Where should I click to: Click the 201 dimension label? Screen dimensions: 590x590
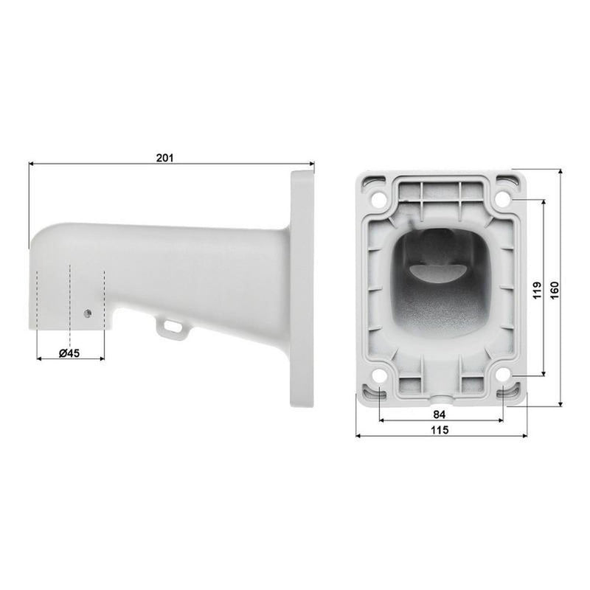coord(164,158)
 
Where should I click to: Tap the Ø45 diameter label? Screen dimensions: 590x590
coord(69,353)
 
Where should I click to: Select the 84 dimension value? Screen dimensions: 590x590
coord(439,414)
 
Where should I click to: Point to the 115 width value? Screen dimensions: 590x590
coord(440,430)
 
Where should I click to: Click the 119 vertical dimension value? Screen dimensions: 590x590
coord(538,290)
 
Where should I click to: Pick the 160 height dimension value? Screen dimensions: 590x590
coord(555,290)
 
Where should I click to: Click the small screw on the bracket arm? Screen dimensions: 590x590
coord(88,313)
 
